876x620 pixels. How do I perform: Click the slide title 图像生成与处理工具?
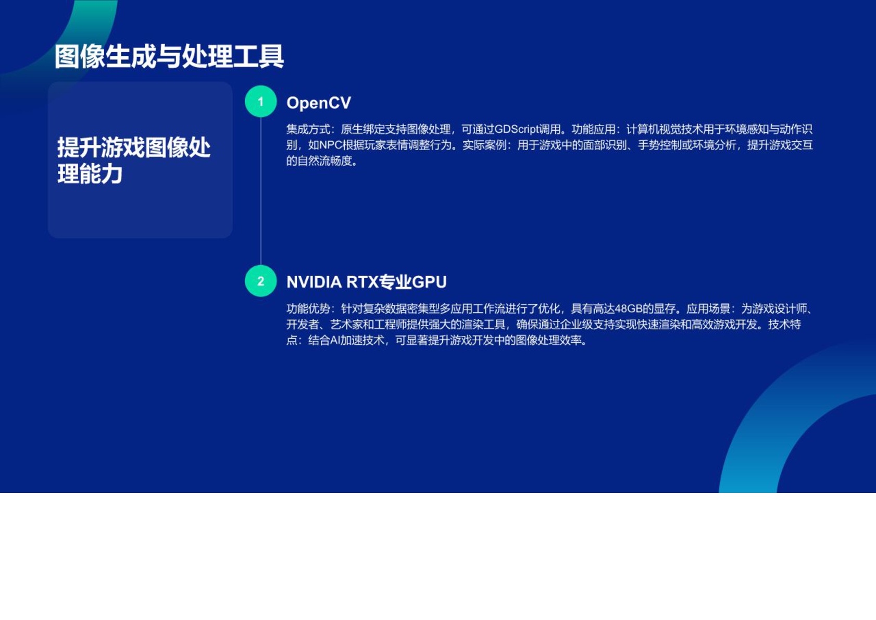point(169,56)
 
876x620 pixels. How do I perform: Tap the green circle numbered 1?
point(260,102)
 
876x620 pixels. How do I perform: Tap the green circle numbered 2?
point(260,281)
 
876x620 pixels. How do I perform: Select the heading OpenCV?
point(319,103)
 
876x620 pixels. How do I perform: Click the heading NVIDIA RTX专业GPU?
point(366,282)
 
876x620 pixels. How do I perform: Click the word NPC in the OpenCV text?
point(330,145)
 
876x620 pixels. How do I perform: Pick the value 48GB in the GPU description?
point(628,309)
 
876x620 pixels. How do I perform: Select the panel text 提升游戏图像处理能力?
point(133,160)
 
